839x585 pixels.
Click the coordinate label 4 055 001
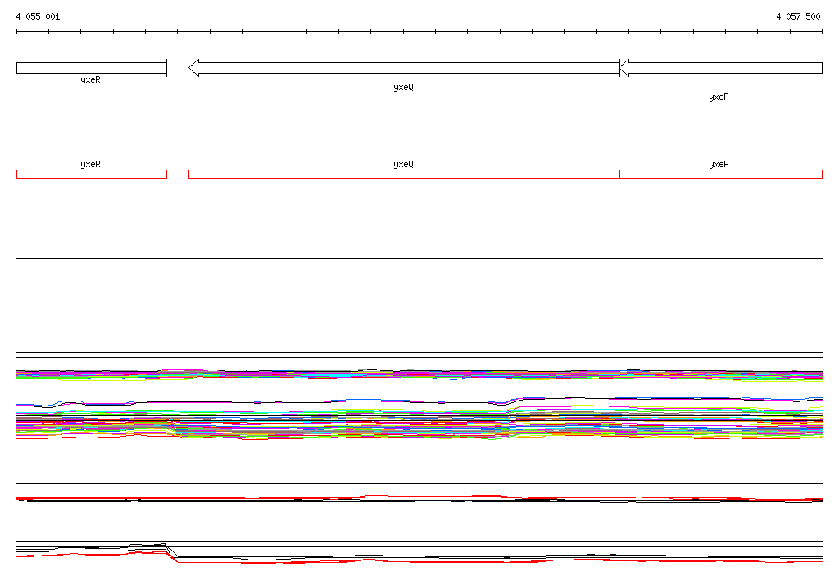pyautogui.click(x=38, y=16)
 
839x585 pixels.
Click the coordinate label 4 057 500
pyautogui.click(x=798, y=16)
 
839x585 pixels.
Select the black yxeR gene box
pyautogui.click(x=92, y=68)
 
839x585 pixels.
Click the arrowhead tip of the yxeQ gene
pyautogui.click(x=189, y=68)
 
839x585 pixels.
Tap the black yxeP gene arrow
pyautogui.click(x=721, y=68)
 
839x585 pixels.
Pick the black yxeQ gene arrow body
pyautogui.click(x=404, y=68)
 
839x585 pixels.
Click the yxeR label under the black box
pyautogui.click(x=90, y=79)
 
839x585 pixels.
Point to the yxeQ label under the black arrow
pyautogui.click(x=403, y=87)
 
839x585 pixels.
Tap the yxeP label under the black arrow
pyautogui.click(x=719, y=97)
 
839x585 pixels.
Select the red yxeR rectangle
pyautogui.click(x=92, y=174)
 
